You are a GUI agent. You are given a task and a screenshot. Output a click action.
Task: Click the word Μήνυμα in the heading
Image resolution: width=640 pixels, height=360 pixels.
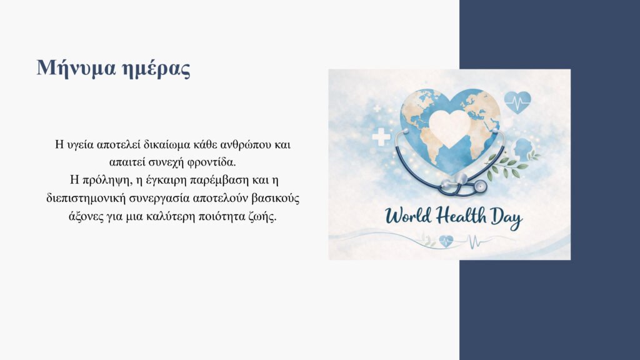(76, 67)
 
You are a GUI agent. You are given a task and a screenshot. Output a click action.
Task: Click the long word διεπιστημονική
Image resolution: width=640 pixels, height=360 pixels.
(86, 199)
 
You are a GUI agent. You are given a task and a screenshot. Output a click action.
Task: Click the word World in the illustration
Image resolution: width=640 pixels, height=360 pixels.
(407, 216)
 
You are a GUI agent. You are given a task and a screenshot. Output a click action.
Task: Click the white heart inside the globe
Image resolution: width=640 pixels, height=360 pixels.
(450, 127)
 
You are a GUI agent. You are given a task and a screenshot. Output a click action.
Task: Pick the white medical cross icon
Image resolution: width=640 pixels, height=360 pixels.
(381, 137)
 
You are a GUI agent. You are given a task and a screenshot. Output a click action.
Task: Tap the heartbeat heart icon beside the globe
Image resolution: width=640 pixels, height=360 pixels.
(517, 102)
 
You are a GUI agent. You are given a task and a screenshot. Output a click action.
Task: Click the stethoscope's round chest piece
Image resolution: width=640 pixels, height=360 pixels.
(479, 186)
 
